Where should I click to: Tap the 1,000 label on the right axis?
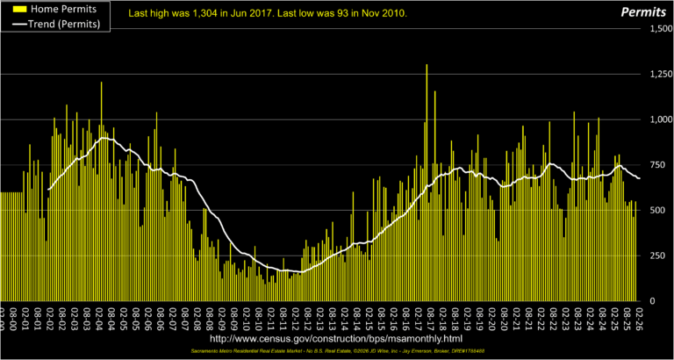(656, 119)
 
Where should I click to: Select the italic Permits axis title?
(645, 13)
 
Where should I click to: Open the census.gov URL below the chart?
(336, 337)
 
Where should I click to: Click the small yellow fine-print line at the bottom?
(336, 351)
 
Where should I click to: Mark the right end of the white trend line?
(639, 178)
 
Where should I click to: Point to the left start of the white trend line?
(48, 189)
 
